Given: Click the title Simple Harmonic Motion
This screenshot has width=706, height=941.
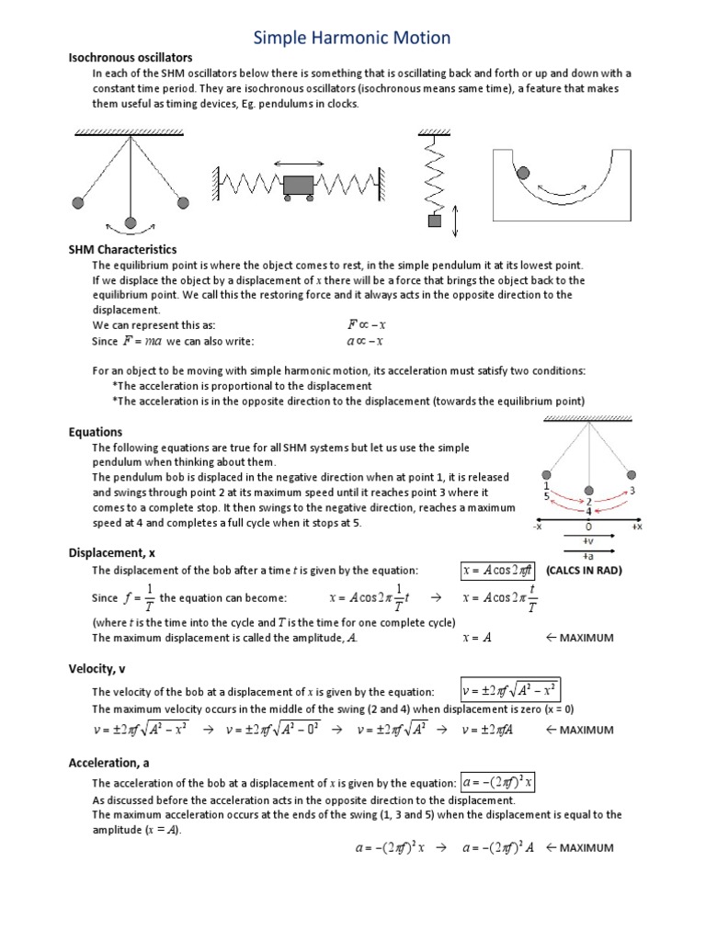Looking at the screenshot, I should pyautogui.click(x=353, y=38).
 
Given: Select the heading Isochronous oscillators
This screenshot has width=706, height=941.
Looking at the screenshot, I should pyautogui.click(x=131, y=58).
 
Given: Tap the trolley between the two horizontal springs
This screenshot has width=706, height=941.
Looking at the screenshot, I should pyautogui.click(x=298, y=186).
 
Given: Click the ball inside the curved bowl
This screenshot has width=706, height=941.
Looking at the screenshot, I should pyautogui.click(x=523, y=172).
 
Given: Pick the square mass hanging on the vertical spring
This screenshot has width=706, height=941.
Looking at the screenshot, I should pyautogui.click(x=434, y=221).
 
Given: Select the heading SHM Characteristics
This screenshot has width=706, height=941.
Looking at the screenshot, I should pyautogui.click(x=122, y=250).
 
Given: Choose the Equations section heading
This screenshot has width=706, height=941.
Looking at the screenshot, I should pyautogui.click(x=96, y=432).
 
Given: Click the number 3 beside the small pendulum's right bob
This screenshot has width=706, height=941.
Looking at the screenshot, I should pyautogui.click(x=632, y=492).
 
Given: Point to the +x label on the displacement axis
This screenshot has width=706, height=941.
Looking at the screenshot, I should pyautogui.click(x=636, y=527).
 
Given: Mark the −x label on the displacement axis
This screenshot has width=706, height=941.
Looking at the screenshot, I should pyautogui.click(x=537, y=527).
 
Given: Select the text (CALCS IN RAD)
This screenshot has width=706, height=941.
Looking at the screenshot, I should pyautogui.click(x=585, y=571).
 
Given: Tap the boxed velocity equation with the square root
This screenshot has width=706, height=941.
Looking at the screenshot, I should pyautogui.click(x=509, y=691).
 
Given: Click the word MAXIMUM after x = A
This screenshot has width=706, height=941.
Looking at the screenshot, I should pyautogui.click(x=585, y=638).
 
